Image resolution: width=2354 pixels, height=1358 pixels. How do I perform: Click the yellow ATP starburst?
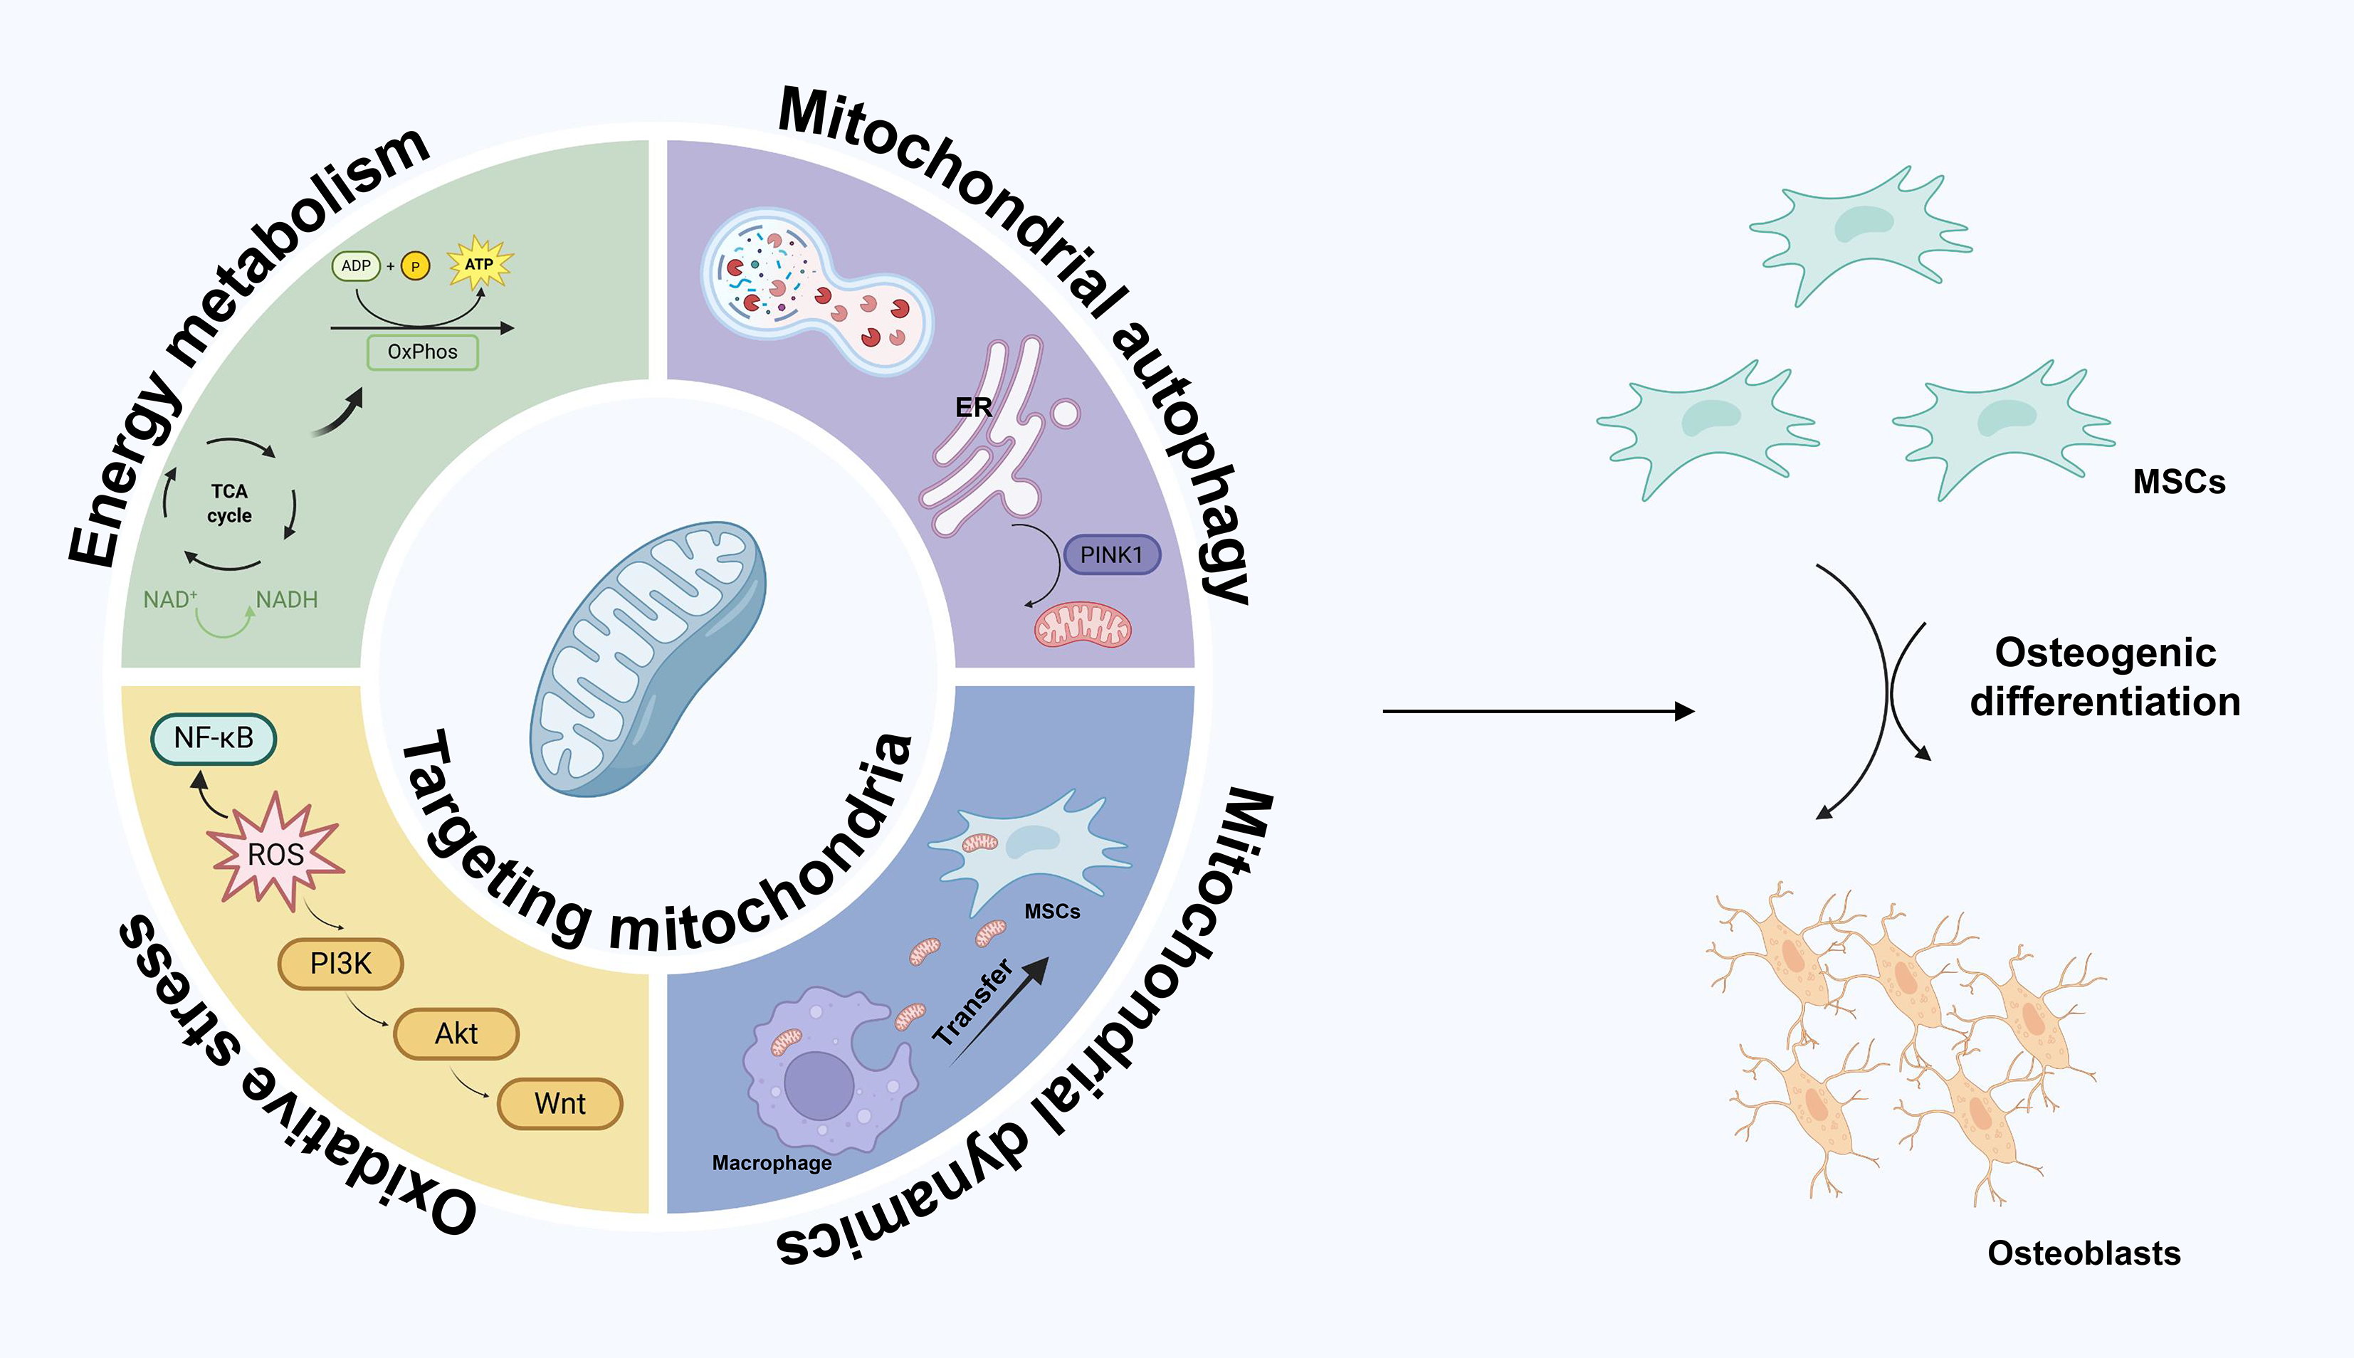pyautogui.click(x=479, y=264)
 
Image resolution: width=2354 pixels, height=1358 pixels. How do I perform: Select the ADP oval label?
pyautogui.click(x=355, y=265)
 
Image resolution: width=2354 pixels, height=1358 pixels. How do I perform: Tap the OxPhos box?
pyautogui.click(x=423, y=352)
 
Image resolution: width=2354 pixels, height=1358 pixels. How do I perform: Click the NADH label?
pyautogui.click(x=288, y=600)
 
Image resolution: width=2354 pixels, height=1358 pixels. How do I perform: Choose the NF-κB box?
pyautogui.click(x=214, y=739)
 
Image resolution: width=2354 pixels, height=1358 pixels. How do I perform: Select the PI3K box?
pyautogui.click(x=340, y=964)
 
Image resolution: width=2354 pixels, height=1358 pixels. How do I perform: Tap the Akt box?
pyautogui.click(x=456, y=1033)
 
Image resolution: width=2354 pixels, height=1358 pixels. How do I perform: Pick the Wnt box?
pyautogui.click(x=559, y=1103)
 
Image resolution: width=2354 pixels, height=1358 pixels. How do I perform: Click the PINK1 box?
pyautogui.click(x=1112, y=555)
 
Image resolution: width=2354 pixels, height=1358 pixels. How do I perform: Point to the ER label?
pyautogui.click(x=974, y=408)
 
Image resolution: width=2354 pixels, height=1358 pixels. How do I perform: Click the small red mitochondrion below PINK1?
pyautogui.click(x=1083, y=625)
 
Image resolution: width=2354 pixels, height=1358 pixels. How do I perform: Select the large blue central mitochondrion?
pyautogui.click(x=648, y=658)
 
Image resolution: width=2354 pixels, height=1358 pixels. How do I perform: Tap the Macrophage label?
pyautogui.click(x=772, y=1163)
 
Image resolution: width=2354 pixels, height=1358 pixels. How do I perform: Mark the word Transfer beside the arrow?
pyautogui.click(x=973, y=1001)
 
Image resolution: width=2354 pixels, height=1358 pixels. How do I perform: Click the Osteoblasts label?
pyautogui.click(x=2084, y=1253)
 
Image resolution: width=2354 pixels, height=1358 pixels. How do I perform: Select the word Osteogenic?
pyautogui.click(x=2105, y=653)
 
